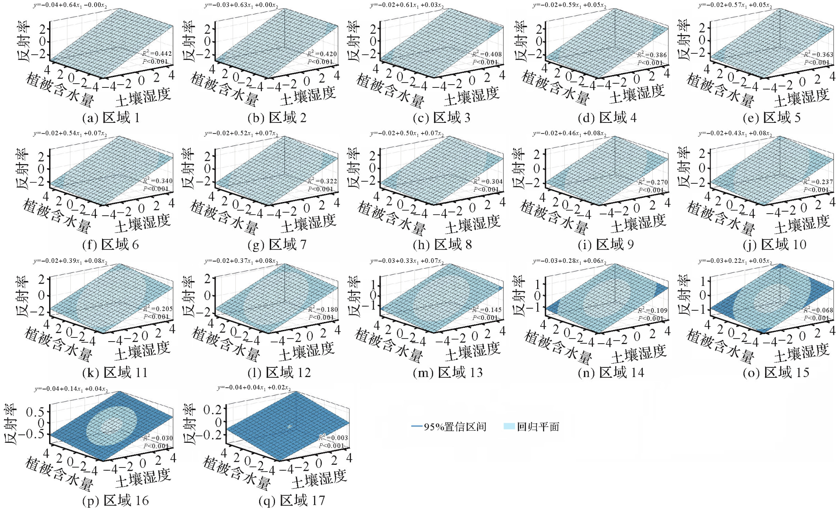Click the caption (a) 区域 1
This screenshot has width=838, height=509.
(111, 118)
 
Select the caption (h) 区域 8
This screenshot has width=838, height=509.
(442, 245)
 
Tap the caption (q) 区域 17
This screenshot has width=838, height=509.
(292, 500)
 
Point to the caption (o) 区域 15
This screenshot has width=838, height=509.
(776, 372)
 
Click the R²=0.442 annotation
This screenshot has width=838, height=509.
(157, 54)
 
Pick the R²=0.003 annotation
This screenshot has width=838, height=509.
(333, 438)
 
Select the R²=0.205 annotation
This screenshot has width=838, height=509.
(158, 309)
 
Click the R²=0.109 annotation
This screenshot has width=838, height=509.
(653, 310)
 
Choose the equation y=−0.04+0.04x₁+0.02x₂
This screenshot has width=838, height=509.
(254, 388)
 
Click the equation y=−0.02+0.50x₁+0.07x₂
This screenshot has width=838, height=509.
(407, 133)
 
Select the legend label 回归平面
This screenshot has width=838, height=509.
(538, 427)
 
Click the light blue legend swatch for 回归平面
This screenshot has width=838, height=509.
(509, 426)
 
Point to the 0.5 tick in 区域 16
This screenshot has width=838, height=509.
(35, 412)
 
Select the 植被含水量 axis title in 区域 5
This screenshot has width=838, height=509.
(721, 90)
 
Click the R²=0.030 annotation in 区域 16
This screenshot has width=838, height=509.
(158, 438)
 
